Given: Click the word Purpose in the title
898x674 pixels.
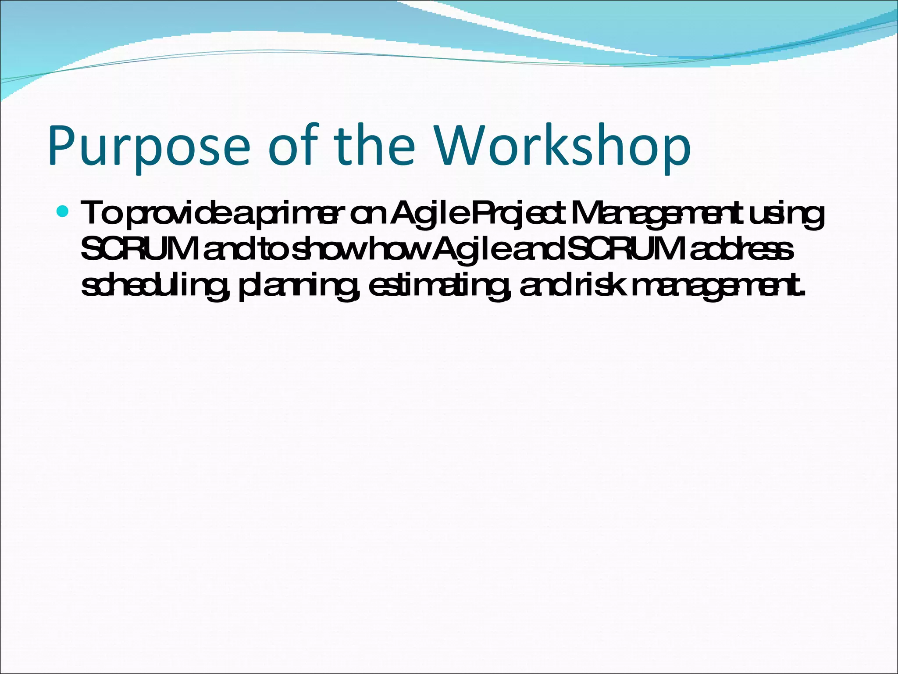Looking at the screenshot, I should (149, 147).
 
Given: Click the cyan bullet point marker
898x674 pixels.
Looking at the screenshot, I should (63, 212).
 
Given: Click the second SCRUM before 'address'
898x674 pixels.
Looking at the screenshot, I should (627, 249).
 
